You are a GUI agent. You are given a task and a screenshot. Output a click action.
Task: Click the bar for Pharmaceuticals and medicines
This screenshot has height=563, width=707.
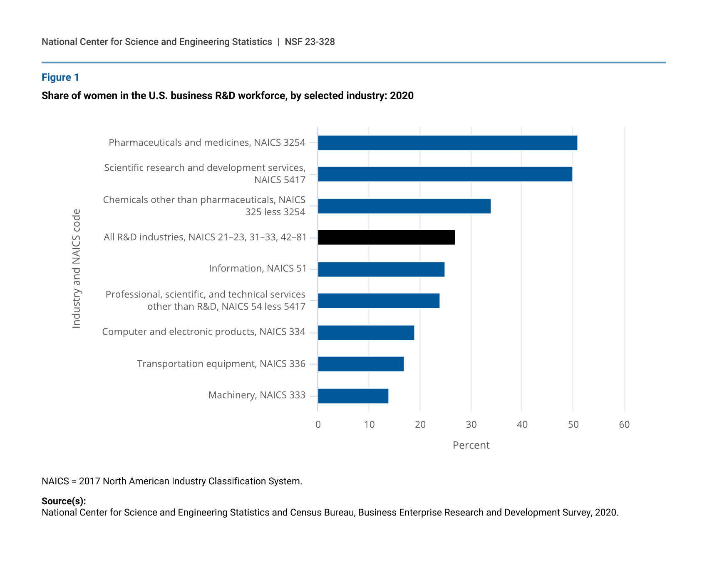pyautogui.click(x=447, y=143)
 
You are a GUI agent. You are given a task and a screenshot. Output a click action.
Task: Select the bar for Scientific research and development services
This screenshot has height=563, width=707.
pyautogui.click(x=445, y=174)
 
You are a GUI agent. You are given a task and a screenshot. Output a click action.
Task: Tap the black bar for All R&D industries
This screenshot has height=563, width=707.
pyautogui.click(x=386, y=237)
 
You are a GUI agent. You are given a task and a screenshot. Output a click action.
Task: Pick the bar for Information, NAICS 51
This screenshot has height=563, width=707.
pyautogui.click(x=381, y=269)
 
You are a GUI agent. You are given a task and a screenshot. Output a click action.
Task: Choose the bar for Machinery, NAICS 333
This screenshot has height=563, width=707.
pyautogui.click(x=353, y=396)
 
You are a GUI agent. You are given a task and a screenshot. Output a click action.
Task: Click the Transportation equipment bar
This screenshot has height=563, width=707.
pyautogui.click(x=361, y=364)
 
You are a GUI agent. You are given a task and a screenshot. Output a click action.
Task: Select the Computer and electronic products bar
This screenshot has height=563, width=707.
pyautogui.click(x=366, y=333)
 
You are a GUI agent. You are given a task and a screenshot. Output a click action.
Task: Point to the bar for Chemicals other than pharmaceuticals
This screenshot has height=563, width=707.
pyautogui.click(x=404, y=206)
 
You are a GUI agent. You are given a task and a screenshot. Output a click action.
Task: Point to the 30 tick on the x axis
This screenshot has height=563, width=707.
pyautogui.click(x=471, y=425)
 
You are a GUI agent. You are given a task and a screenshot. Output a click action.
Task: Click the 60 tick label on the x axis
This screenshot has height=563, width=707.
pyautogui.click(x=624, y=425)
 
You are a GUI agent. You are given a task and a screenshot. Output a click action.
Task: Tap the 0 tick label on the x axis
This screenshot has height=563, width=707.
pyautogui.click(x=318, y=425)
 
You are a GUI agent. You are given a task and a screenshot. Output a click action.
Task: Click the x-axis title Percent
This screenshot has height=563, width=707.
pyautogui.click(x=471, y=445)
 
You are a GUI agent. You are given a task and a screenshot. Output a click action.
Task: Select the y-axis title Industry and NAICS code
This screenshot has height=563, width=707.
pyautogui.click(x=77, y=269)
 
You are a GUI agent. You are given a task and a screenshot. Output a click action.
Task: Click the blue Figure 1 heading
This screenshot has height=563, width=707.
pyautogui.click(x=60, y=77)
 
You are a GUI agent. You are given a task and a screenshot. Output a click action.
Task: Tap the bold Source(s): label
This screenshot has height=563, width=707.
pyautogui.click(x=64, y=501)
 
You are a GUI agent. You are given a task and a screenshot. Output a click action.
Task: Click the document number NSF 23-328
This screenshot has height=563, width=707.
pyautogui.click(x=310, y=42)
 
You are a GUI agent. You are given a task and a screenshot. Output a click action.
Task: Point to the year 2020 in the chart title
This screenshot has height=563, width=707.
pyautogui.click(x=402, y=96)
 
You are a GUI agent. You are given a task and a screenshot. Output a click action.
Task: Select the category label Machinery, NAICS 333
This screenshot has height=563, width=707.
pyautogui.click(x=257, y=395)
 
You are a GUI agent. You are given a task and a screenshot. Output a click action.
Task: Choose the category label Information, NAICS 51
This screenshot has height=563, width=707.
pyautogui.click(x=258, y=269)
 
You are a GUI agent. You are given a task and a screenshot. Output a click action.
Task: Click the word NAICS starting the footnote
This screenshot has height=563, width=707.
pyautogui.click(x=55, y=481)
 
